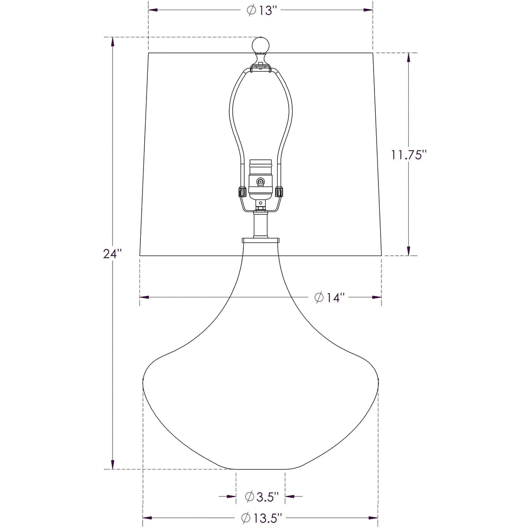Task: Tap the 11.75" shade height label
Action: (409, 154)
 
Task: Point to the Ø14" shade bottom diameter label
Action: (329, 297)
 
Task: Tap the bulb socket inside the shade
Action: (260, 178)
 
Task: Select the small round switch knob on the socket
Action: (261, 181)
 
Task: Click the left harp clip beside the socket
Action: (242, 192)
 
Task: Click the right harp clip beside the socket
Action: (279, 192)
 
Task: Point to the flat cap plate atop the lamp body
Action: (260, 240)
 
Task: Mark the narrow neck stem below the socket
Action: (260, 224)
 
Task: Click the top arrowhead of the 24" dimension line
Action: (113, 42)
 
